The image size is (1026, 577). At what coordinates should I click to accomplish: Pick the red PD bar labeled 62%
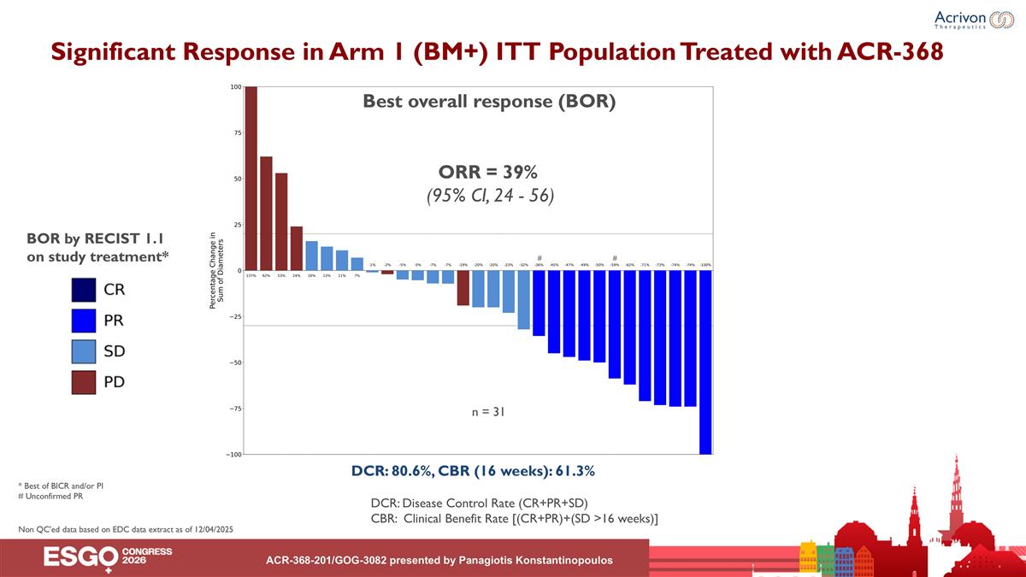[266, 214]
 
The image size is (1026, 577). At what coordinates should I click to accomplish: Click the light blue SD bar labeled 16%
[311, 256]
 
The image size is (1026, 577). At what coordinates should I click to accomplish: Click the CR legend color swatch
[84, 290]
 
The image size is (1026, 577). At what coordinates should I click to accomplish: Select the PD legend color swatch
[84, 381]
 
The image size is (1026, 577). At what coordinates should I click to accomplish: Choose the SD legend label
[115, 351]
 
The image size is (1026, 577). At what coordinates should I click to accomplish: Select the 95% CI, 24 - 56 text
[490, 196]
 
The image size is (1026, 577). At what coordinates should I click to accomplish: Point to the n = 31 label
[488, 412]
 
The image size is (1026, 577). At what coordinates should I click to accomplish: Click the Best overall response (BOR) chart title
[489, 102]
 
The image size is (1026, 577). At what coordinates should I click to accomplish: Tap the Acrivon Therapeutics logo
[972, 21]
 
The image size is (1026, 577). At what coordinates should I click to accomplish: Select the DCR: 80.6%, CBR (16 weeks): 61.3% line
[473, 471]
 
